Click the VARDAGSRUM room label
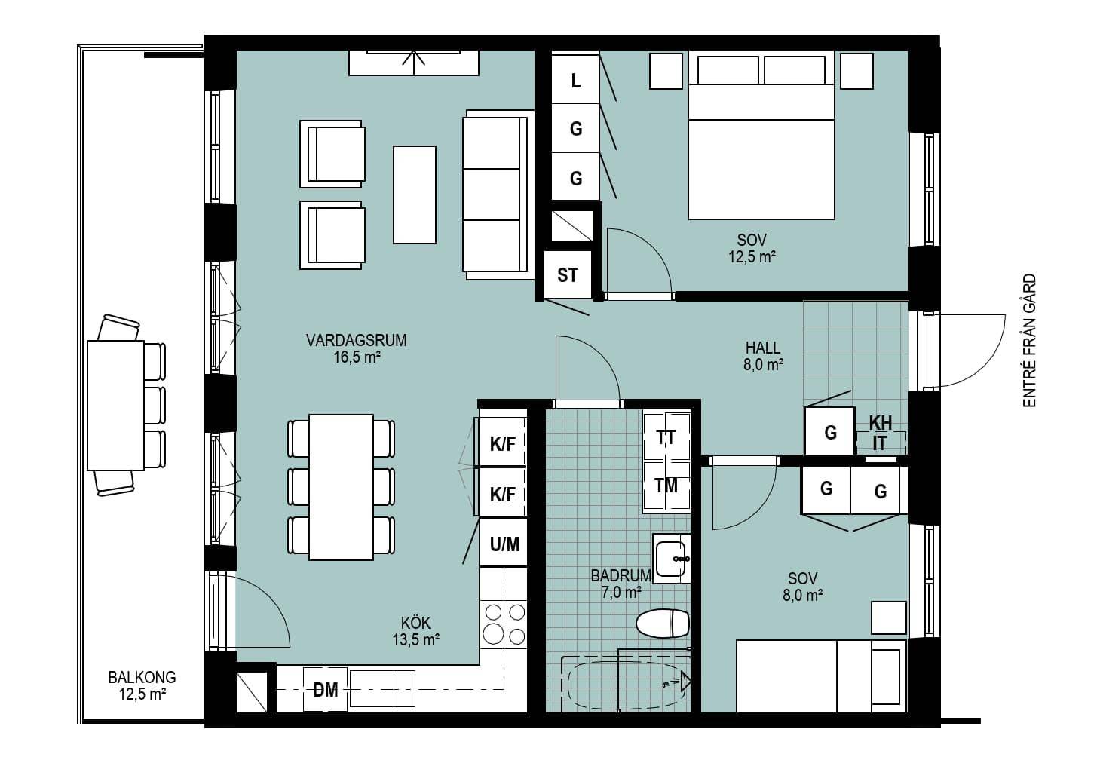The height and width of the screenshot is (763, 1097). pyautogui.click(x=357, y=340)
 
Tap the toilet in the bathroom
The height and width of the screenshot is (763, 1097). pyautogui.click(x=663, y=624)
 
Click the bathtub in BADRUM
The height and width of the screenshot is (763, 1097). pyautogui.click(x=627, y=684)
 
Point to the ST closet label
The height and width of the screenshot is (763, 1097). pyautogui.click(x=567, y=275)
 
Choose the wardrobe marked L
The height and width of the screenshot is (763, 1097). pyautogui.click(x=576, y=79)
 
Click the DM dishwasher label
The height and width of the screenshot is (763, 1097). pyautogui.click(x=326, y=690)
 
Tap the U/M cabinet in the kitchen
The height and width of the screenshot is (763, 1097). pyautogui.click(x=504, y=543)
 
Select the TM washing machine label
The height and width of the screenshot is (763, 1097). pyautogui.click(x=666, y=486)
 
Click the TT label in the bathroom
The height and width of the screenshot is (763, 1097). pyautogui.click(x=666, y=437)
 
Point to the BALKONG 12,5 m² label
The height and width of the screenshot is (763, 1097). pyautogui.click(x=142, y=685)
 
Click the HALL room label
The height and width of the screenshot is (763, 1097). pyautogui.click(x=763, y=348)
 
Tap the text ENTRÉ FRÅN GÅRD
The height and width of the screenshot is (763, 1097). pyautogui.click(x=1030, y=340)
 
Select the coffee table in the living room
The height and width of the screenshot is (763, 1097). pyautogui.click(x=415, y=195)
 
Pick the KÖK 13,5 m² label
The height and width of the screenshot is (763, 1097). pyautogui.click(x=415, y=631)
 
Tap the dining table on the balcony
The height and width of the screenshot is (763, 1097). pyautogui.click(x=115, y=406)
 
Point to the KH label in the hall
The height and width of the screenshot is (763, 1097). pyautogui.click(x=881, y=423)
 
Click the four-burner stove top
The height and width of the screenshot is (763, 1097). pyautogui.click(x=504, y=624)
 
